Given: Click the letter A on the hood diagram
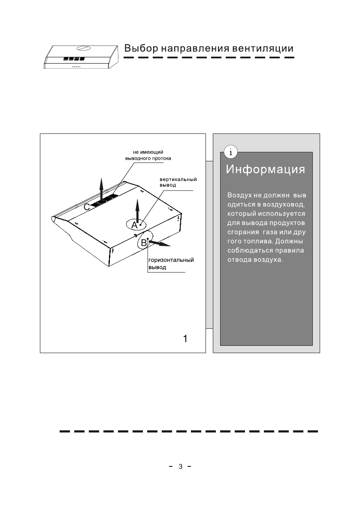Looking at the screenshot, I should (x=134, y=225).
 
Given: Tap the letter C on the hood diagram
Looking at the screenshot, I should (x=87, y=207).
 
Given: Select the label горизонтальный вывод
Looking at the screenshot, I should (x=171, y=263).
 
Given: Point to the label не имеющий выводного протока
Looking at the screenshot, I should (x=148, y=154).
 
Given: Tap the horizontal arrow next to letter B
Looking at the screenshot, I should (x=160, y=244).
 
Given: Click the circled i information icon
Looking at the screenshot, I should (x=231, y=152).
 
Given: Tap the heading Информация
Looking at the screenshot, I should (x=266, y=169).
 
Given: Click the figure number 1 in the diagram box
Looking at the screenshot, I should (x=185, y=339).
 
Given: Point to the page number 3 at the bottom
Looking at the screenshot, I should (x=181, y=466).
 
